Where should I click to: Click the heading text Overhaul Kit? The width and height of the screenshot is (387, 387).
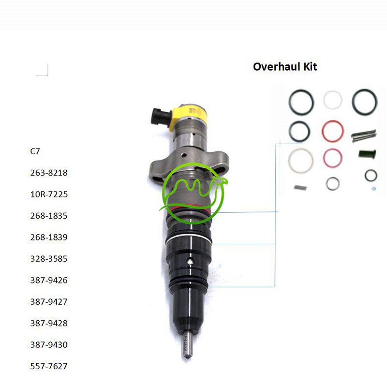[x=285, y=67]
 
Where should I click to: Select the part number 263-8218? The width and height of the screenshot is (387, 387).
[x=49, y=173]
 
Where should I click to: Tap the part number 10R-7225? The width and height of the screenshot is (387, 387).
[x=49, y=194]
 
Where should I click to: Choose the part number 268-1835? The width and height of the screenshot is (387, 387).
[x=49, y=216]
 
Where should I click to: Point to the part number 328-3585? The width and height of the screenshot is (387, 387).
[x=49, y=259]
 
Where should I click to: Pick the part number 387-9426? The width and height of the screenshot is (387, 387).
[x=49, y=281]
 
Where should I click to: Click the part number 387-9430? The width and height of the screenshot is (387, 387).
[x=49, y=345]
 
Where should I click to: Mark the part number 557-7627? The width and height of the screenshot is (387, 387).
[x=49, y=367]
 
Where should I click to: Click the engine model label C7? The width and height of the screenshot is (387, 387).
[x=35, y=151]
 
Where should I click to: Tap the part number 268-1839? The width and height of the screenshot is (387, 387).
[x=49, y=238]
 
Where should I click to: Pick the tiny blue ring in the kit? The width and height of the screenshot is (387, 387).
[x=374, y=189]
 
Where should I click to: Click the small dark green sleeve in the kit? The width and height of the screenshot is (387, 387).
[x=366, y=154]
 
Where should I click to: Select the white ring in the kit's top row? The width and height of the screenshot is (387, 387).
[x=333, y=100]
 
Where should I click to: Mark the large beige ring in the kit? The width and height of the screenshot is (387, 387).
[x=300, y=159]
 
